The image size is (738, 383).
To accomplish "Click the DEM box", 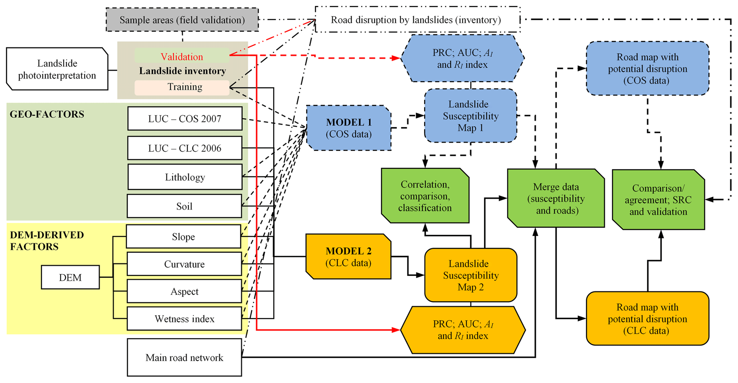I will pos(70,277).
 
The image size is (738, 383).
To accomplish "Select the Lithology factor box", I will pos(185,177).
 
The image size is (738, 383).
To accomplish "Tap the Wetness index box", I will pos(184,319).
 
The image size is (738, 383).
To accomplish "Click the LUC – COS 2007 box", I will pos(185,119).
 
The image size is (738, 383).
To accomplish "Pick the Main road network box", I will pos(184,357).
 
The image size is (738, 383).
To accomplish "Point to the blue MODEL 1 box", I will pos(348,128).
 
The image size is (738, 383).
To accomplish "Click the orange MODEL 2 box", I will pos(348,257).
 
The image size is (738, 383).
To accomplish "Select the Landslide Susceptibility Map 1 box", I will pos(470,116).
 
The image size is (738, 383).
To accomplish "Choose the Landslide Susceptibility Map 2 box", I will pos(470,275).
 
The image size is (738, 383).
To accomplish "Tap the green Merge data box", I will pos(556,198).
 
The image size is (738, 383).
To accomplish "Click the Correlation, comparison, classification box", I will pos(425,196).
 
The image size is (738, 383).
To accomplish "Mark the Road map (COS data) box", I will pos(647,69).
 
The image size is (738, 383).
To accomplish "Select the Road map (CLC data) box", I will pos(647,319).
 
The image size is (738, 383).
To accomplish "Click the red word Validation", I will pos(182,57).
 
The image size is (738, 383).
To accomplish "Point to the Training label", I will pos(185,87).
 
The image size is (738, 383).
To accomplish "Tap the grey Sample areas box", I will pos(182,20).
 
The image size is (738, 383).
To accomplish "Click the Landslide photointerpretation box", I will pos(57,69).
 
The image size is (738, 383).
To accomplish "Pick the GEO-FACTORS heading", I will pos(47,114).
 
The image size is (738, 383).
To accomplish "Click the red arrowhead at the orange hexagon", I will pos(396,330).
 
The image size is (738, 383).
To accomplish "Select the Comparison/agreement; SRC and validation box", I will pos(658,200).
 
